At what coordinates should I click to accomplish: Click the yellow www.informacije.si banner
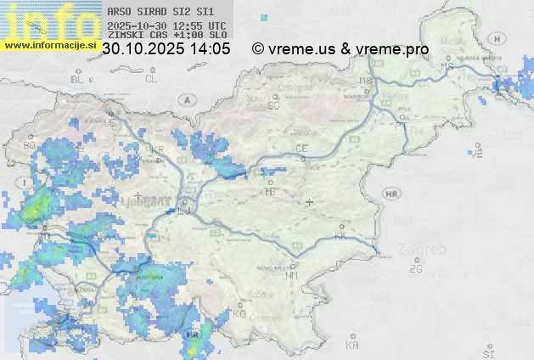(48, 45)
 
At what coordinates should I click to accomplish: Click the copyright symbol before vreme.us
(258, 49)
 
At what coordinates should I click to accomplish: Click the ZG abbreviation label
(415, 269)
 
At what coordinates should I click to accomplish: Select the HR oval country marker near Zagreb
(391, 194)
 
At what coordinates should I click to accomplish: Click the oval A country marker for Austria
(185, 99)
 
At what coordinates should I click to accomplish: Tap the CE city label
(301, 149)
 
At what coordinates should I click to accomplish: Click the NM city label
(293, 275)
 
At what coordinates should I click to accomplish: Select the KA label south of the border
(352, 345)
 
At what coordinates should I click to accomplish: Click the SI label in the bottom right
(487, 352)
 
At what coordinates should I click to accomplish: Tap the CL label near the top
(151, 79)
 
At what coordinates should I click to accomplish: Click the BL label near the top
(78, 79)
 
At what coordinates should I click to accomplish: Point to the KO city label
(239, 313)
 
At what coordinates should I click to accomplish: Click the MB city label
(366, 81)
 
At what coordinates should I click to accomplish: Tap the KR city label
(157, 150)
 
